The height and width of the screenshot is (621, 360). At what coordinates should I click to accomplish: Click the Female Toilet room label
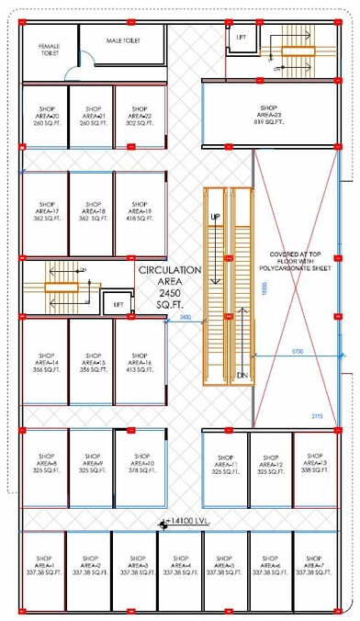49,50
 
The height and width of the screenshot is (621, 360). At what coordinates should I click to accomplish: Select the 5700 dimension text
297,351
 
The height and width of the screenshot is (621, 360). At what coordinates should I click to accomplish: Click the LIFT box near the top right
242,38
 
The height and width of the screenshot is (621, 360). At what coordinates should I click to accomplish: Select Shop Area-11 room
223,462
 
